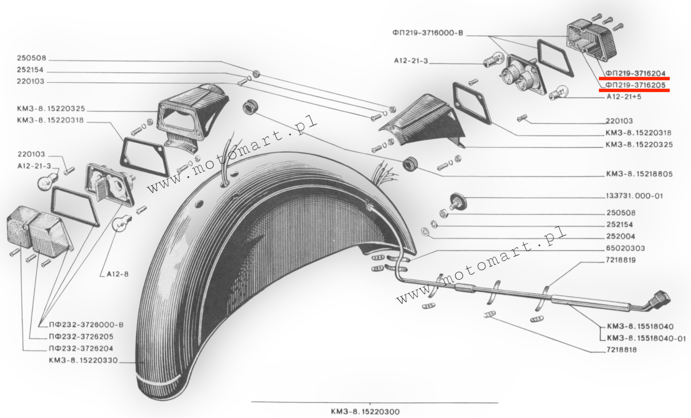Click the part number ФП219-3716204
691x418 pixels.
635,73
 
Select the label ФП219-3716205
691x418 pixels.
635,85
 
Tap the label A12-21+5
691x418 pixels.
624,97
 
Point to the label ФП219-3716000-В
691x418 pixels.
428,33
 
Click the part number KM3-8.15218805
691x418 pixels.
639,174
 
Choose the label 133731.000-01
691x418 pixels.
634,196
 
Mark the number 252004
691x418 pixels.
620,236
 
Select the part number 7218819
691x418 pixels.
621,260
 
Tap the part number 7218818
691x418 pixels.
621,350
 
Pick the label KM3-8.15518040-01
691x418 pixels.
646,338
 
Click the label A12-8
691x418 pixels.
118,274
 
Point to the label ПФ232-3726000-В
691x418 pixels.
86,325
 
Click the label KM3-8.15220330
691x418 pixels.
83,360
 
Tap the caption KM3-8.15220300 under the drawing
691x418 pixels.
365,412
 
